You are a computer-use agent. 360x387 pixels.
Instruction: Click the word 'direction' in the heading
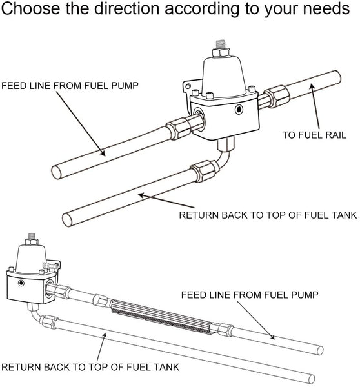126,8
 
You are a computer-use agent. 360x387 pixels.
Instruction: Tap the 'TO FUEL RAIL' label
314,135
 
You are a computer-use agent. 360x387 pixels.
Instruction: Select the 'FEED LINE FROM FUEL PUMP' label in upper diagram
70,86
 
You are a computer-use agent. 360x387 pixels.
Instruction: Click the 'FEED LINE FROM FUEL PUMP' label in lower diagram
250,295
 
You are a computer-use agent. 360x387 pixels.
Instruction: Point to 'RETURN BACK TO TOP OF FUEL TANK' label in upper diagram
268,215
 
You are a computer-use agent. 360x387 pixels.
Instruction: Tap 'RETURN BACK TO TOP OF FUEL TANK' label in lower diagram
90,367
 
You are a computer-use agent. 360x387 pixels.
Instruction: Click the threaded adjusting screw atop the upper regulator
221,45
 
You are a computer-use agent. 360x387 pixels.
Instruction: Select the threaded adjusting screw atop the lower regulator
32,236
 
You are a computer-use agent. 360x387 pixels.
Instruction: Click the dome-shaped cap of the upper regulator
224,75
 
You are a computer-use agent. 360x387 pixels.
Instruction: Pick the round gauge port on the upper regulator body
239,110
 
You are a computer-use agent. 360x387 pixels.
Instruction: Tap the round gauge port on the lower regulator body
21,283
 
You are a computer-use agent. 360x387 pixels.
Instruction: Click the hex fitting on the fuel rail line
277,96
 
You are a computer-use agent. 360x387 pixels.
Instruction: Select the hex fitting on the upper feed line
178,128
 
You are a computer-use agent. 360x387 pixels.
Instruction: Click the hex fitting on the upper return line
205,171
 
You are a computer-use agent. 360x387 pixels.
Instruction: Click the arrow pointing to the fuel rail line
315,106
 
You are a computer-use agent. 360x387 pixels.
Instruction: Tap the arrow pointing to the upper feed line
81,123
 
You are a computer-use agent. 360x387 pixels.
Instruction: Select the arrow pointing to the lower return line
101,347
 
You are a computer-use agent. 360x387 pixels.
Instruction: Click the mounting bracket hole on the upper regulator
188,86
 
